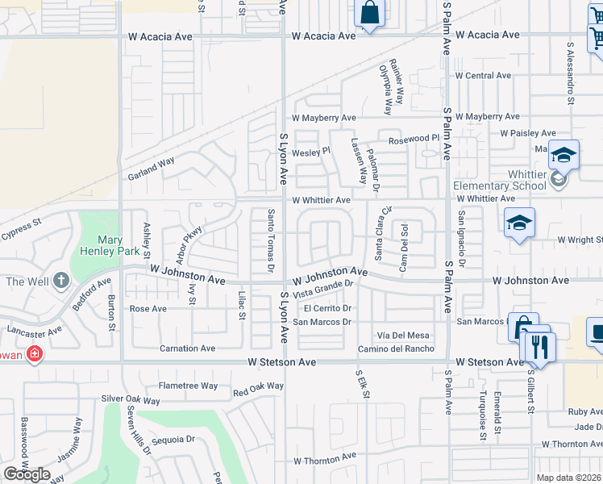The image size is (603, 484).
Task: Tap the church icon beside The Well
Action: click(x=61, y=282)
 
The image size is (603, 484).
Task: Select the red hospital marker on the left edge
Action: click(x=34, y=353)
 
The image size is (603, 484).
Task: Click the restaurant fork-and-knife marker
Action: click(x=539, y=347)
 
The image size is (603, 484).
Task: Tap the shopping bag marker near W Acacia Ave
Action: click(x=369, y=14)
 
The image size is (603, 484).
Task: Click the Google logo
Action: click(x=27, y=474)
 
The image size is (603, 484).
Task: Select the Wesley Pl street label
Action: click(x=311, y=151)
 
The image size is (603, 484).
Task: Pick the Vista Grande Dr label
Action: click(x=323, y=288)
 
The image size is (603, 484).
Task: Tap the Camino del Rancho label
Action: click(x=397, y=348)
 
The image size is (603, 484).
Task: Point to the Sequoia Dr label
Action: click(x=173, y=440)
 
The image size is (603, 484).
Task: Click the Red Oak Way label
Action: click(x=258, y=390)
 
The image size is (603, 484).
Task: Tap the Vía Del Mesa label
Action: click(x=403, y=335)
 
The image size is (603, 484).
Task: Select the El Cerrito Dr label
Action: click(x=329, y=308)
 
